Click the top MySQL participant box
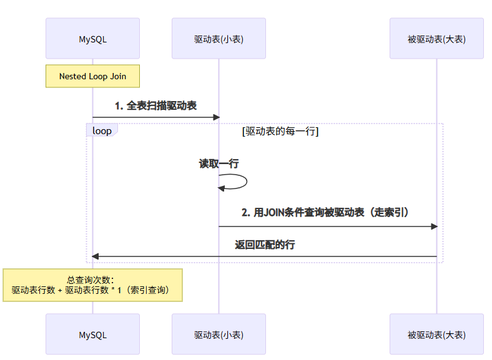point(92,39)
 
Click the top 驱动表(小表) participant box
point(219,39)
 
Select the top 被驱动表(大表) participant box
point(436,39)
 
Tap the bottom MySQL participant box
point(92,334)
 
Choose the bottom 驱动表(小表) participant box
point(219,334)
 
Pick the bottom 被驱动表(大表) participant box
point(436,334)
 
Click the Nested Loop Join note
point(92,76)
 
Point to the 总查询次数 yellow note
point(92,285)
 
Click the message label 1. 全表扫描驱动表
point(155,106)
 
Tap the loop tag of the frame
point(102,130)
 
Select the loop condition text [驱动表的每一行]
point(280,131)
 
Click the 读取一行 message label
point(219,164)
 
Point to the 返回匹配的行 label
point(265,245)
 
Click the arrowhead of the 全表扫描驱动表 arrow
point(216,117)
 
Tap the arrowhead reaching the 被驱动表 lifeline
point(434,226)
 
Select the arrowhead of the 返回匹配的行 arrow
point(96,256)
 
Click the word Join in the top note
point(117,76)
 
